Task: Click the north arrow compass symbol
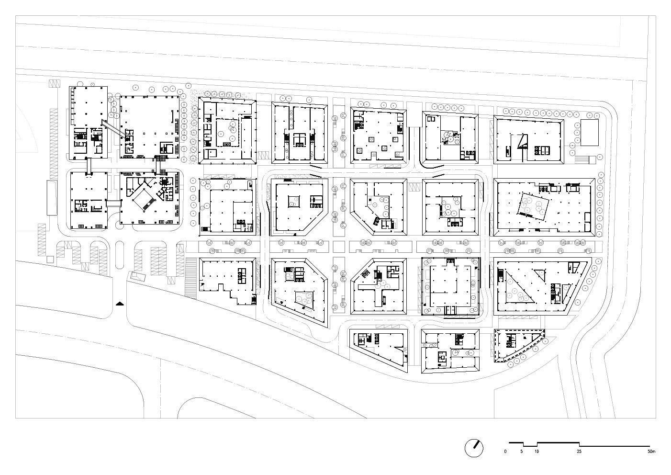[x=474, y=448]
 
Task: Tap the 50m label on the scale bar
[x=651, y=452]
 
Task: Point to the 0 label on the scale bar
[x=505, y=452]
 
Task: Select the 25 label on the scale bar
[x=579, y=452]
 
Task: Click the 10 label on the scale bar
[x=537, y=452]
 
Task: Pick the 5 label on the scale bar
[x=522, y=452]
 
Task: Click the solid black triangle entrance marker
[x=119, y=303]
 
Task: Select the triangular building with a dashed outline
[x=517, y=346]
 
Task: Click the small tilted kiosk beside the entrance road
[x=136, y=277]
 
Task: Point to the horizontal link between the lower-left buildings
[x=113, y=203]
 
